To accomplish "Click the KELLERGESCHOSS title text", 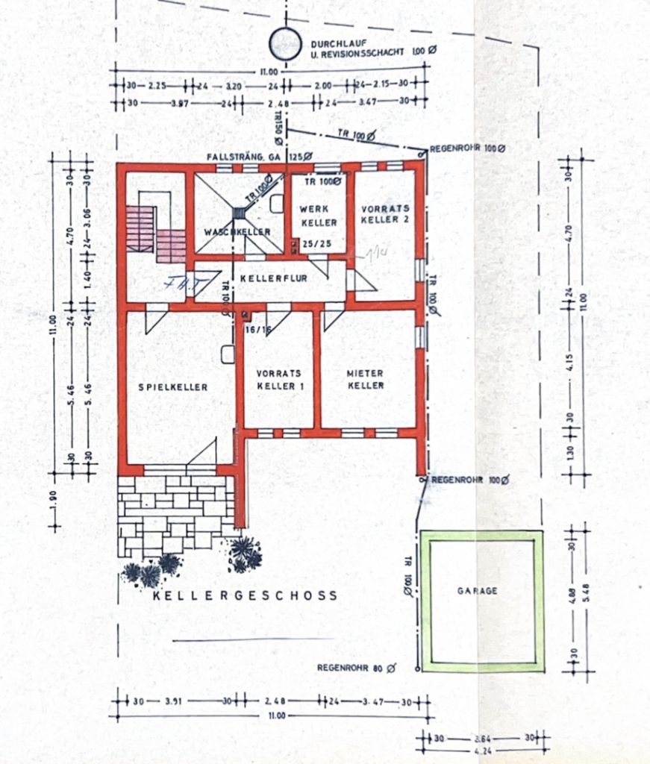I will (x=245, y=595).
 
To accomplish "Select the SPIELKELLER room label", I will (x=172, y=386).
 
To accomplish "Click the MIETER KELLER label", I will (x=365, y=379).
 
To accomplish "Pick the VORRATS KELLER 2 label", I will (x=385, y=214).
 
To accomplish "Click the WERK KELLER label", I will (x=319, y=216).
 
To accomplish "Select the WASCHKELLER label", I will (x=238, y=232).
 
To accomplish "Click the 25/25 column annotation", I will (x=310, y=244).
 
